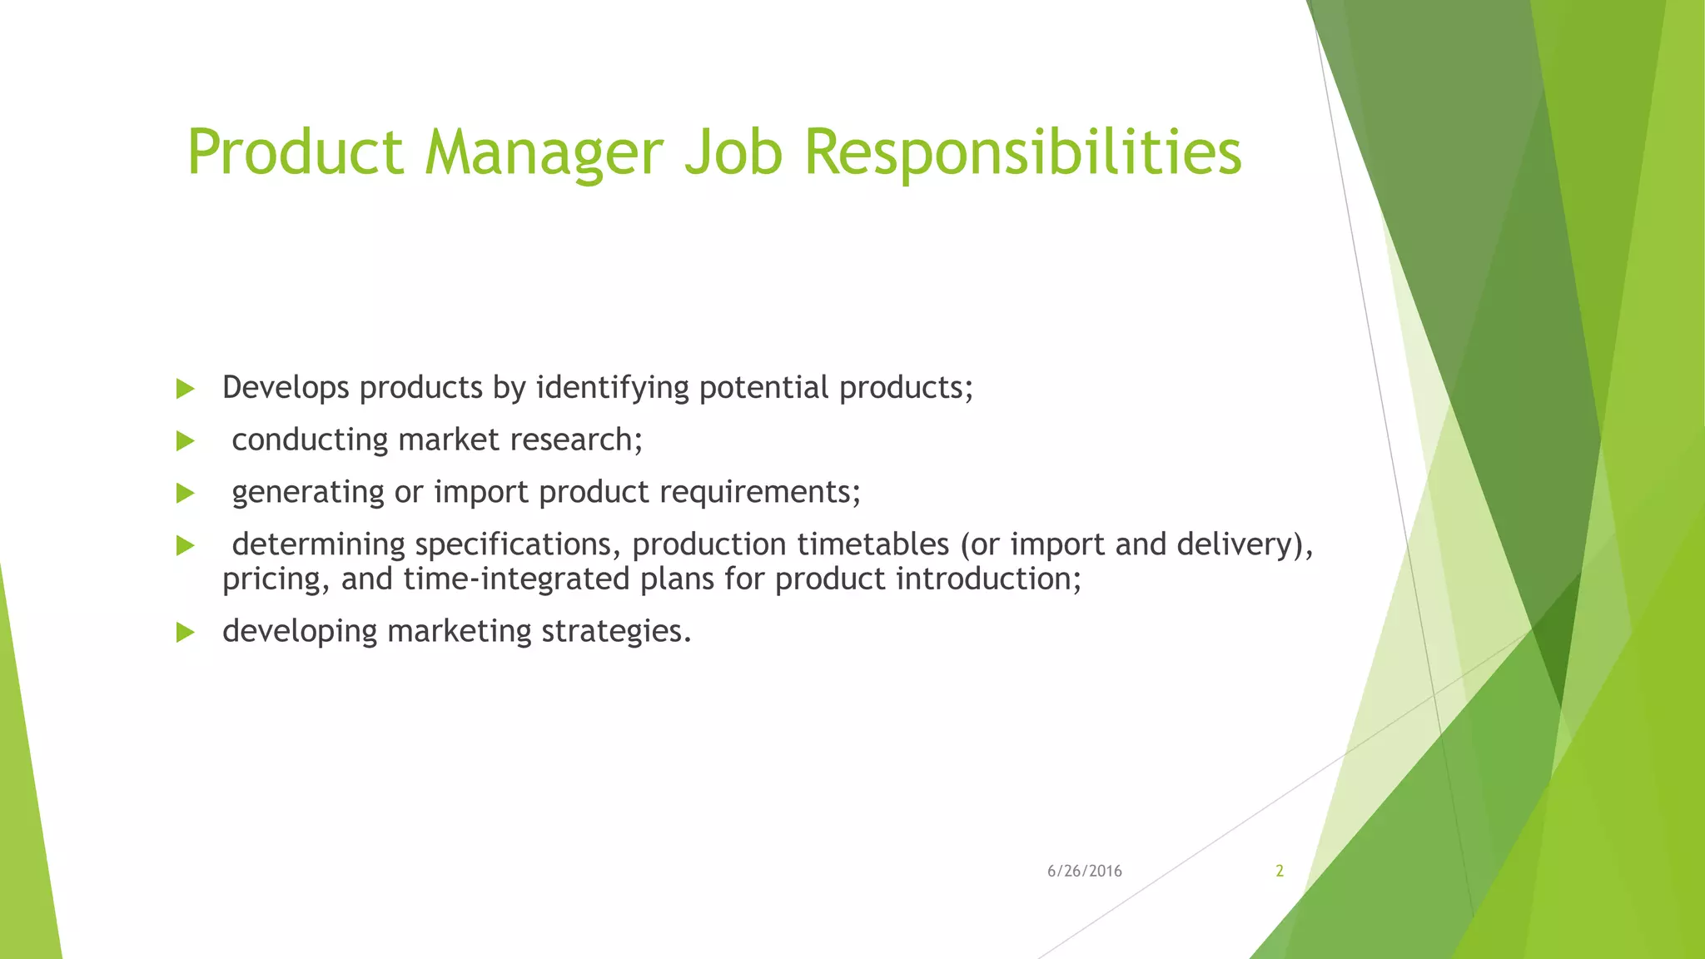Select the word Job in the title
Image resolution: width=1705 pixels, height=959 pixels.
point(733,153)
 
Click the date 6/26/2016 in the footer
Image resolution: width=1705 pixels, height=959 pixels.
point(1084,871)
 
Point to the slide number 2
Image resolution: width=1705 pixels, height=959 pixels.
point(1280,871)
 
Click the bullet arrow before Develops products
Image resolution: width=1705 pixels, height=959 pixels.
point(186,389)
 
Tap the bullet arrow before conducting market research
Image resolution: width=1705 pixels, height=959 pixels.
point(186,441)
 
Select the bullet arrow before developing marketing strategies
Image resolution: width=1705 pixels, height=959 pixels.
point(186,633)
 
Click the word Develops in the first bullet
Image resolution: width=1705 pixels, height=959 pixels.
point(285,388)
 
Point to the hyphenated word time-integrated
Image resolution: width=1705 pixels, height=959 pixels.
point(516,579)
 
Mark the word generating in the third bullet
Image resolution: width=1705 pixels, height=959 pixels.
point(307,492)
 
